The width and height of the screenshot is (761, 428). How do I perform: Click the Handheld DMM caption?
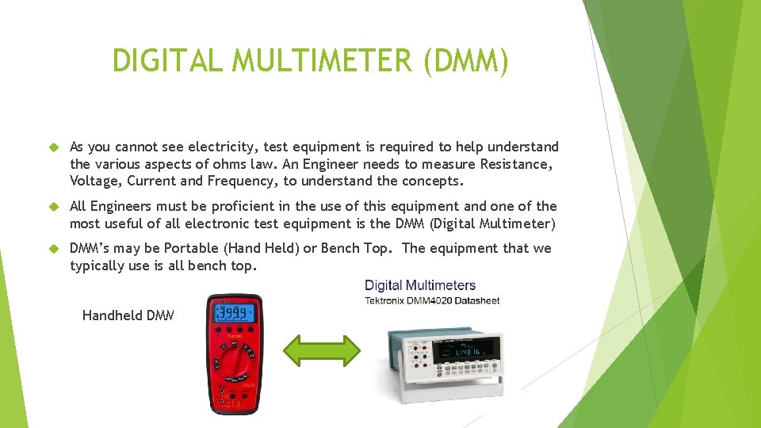pos(128,315)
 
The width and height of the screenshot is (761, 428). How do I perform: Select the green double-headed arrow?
pos(322,350)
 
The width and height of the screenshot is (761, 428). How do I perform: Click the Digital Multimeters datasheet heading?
pos(420,285)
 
